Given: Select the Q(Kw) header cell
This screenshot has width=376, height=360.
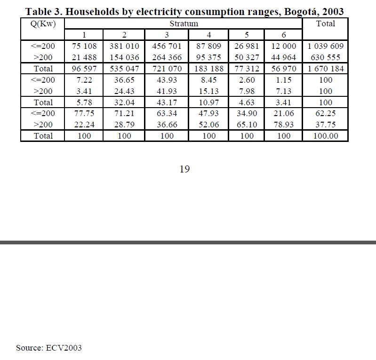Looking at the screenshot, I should [42, 23].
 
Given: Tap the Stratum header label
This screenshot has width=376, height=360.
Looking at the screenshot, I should [184, 23].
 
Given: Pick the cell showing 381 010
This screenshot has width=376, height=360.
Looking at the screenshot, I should [124, 46].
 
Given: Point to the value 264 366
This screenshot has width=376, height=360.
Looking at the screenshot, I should [167, 57].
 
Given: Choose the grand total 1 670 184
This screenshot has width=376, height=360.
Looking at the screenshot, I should [326, 69].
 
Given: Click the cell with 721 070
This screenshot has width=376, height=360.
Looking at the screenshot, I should [167, 69].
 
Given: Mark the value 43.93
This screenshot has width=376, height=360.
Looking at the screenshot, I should [167, 80].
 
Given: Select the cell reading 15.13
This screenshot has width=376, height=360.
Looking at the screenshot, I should [208, 91].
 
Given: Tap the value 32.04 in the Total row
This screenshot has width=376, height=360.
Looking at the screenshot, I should [124, 102].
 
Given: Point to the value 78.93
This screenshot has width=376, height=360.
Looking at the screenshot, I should [284, 125].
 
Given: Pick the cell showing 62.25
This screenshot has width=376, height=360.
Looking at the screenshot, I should [326, 113].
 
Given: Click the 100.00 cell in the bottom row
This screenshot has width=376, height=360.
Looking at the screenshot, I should [326, 136].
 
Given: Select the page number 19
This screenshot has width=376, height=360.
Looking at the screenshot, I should [184, 169].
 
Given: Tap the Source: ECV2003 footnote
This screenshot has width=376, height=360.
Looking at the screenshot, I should [49, 348].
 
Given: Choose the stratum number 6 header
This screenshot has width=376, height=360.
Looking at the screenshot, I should [284, 35].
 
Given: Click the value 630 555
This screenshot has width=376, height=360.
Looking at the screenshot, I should [326, 57].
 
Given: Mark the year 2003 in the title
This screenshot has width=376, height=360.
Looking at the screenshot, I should [333, 12].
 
